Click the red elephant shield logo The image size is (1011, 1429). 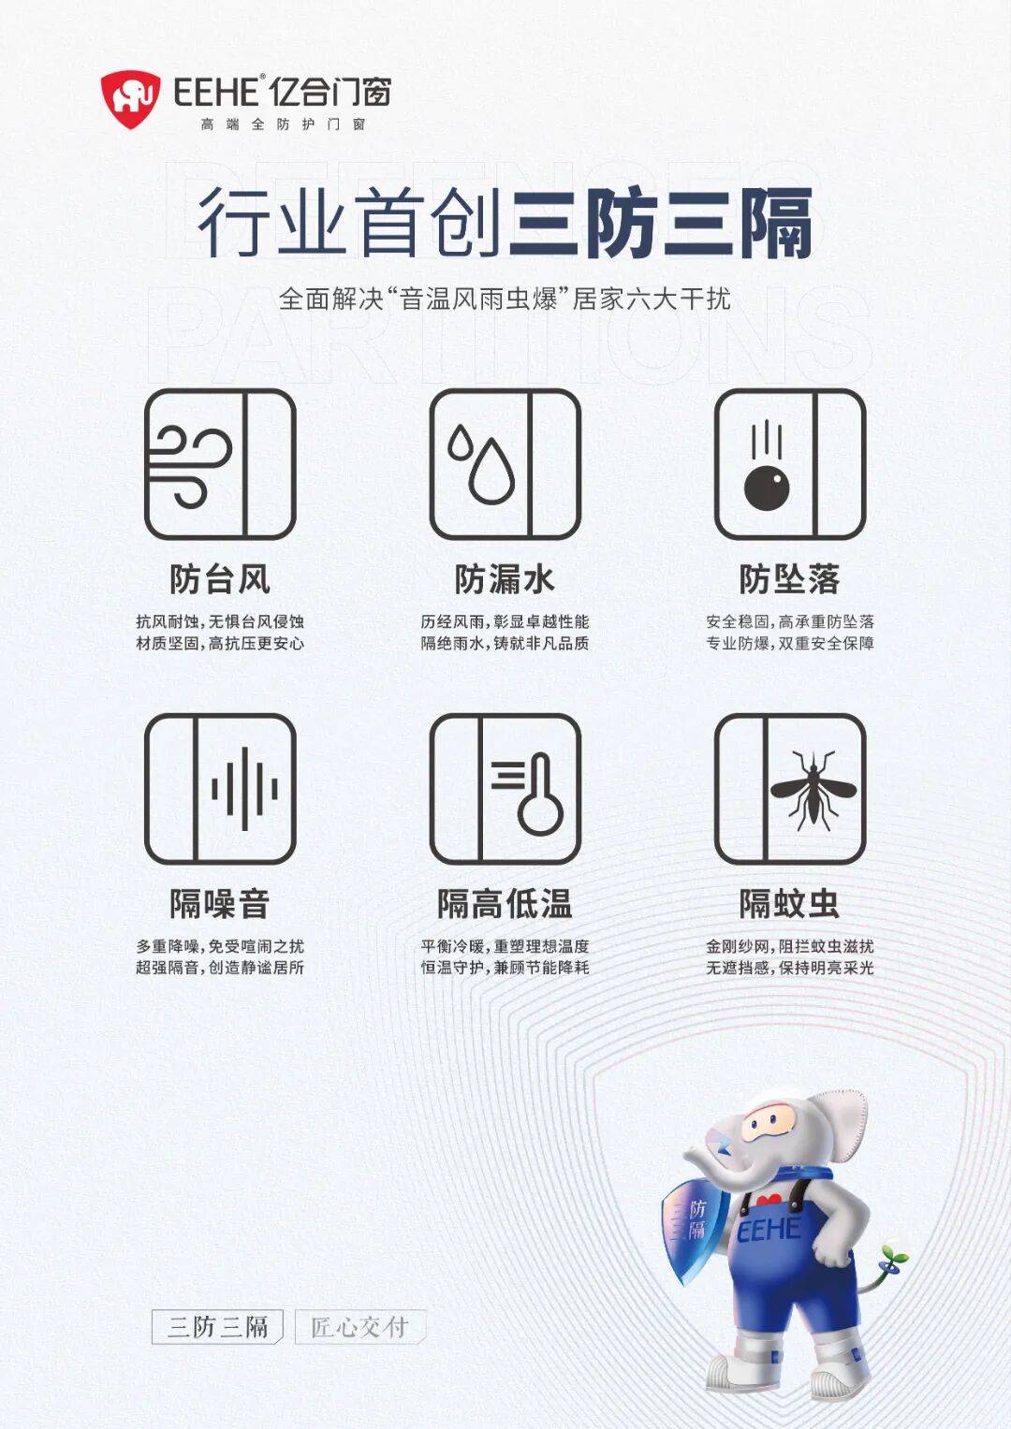[130, 99]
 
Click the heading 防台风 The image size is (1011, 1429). [220, 578]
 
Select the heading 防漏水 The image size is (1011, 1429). [505, 578]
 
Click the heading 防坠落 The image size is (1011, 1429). [790, 578]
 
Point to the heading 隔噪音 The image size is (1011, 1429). [220, 903]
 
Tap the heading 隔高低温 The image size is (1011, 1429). [505, 903]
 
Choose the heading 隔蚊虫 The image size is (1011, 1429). [790, 903]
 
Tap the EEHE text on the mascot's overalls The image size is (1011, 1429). [769, 1230]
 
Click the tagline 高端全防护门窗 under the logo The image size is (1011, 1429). [283, 124]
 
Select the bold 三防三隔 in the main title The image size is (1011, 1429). [661, 222]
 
